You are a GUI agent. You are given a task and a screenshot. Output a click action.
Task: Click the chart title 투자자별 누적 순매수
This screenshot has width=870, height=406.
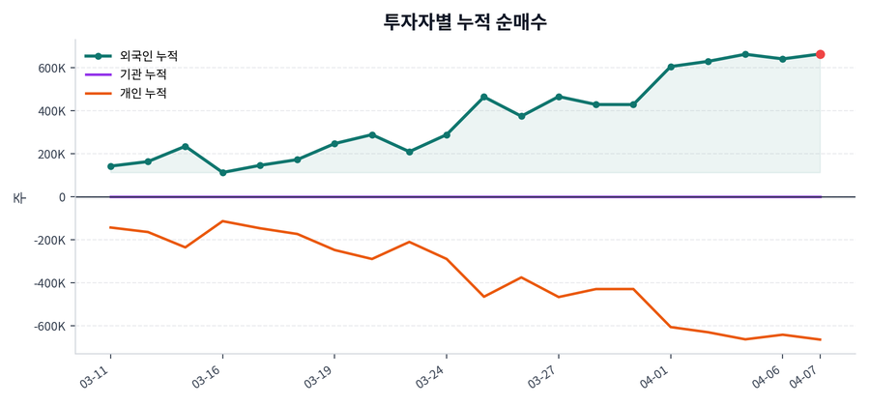[465, 22]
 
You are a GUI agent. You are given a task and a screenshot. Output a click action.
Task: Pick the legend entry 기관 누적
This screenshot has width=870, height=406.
[142, 74]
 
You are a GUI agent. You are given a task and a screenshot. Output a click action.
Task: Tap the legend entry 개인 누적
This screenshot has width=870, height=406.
[142, 94]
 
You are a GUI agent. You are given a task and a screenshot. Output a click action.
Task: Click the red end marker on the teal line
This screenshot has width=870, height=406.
[820, 54]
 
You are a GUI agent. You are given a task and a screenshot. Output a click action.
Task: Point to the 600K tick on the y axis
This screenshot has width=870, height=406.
[51, 68]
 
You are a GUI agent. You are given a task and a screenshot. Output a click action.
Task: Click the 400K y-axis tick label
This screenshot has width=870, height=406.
[51, 111]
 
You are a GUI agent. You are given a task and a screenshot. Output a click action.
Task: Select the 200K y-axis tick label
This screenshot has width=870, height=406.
[51, 154]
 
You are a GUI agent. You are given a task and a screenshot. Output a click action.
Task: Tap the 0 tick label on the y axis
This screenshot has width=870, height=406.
[62, 197]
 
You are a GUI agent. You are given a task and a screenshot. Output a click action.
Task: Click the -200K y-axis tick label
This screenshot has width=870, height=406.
[49, 240]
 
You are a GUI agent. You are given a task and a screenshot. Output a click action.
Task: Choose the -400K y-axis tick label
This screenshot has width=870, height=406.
[49, 283]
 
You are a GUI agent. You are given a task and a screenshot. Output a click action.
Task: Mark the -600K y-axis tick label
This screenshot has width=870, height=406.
[49, 327]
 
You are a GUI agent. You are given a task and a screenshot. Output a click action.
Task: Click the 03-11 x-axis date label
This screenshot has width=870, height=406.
[95, 377]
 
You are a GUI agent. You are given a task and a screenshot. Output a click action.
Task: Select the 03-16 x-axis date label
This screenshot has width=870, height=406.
[207, 377]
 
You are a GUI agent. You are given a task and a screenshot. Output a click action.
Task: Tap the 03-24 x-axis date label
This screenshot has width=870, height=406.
[430, 377]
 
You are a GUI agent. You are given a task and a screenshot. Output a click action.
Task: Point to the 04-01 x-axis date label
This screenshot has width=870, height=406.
[654, 377]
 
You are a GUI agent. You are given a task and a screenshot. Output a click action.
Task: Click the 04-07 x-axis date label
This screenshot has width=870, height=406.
[804, 377]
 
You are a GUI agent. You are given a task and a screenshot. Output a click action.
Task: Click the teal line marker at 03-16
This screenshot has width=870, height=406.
[222, 173]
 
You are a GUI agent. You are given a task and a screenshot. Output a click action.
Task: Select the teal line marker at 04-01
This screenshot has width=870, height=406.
[671, 67]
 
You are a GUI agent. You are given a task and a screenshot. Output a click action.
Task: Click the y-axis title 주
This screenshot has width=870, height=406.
[18, 197]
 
